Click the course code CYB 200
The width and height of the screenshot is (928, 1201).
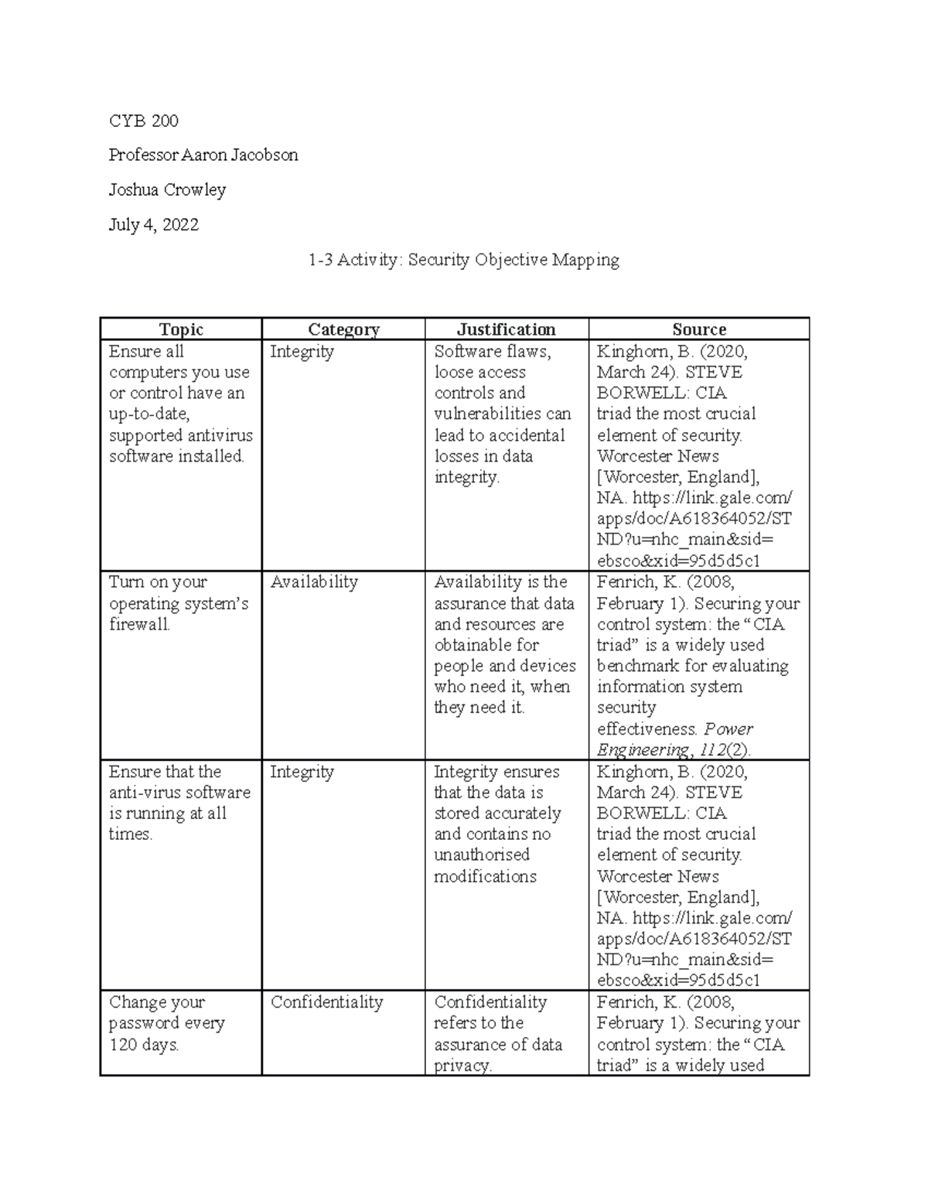(143, 121)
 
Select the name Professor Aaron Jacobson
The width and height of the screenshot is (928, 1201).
(203, 155)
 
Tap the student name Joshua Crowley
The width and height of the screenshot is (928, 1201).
(167, 189)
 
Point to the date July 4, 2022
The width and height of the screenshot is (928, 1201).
(153, 224)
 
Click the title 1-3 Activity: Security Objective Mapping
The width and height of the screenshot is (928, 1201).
(463, 260)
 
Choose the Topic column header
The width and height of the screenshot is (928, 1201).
(181, 329)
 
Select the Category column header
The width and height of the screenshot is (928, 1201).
(343, 329)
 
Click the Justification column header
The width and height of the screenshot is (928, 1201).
(506, 329)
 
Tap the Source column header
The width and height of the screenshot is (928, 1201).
(698, 329)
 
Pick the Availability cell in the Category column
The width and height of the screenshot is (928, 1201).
(314, 582)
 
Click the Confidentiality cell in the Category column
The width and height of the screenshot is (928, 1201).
(326, 1002)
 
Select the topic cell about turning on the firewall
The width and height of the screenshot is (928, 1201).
(179, 603)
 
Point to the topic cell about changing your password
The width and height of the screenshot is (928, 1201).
(166, 1023)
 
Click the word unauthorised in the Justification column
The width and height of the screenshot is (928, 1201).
(481, 855)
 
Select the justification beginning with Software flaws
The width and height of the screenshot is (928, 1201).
(502, 414)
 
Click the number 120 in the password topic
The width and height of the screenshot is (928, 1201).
(123, 1045)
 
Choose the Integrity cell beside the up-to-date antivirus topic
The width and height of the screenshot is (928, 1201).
(302, 352)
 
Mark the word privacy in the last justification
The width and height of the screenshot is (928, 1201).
(462, 1066)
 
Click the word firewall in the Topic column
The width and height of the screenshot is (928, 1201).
(139, 625)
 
